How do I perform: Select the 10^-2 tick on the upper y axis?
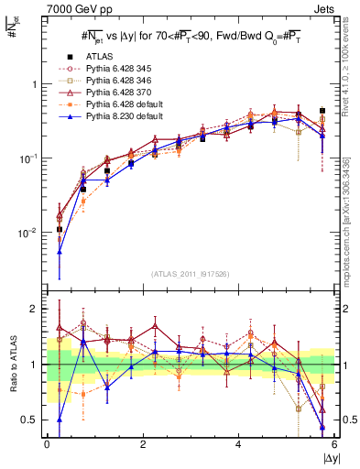click(29, 233)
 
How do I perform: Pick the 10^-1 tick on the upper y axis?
click(29, 158)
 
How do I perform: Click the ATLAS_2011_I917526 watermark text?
click(191, 274)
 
